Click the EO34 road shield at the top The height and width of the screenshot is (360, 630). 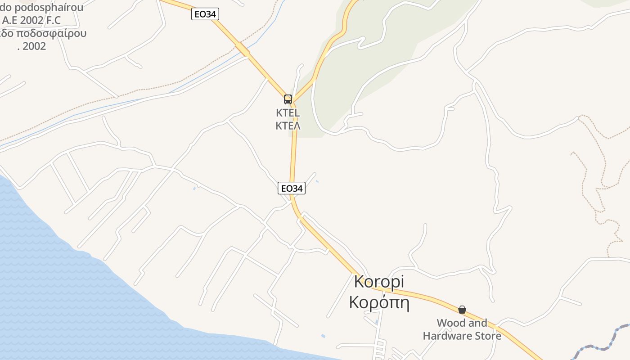[x=205, y=14]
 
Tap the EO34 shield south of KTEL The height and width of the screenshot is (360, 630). [x=291, y=189]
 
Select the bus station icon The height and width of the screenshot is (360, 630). [x=288, y=99]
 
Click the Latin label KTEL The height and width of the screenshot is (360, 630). [x=288, y=112]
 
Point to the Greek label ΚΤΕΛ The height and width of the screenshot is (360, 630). [x=288, y=126]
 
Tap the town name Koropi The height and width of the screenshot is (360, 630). [x=379, y=282]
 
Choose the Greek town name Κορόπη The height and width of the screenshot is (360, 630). [x=379, y=302]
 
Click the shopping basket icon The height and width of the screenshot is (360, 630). [x=462, y=310]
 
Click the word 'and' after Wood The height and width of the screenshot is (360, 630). [x=478, y=323]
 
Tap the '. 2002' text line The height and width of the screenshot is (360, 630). [x=31, y=46]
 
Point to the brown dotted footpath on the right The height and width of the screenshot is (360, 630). [x=585, y=180]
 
